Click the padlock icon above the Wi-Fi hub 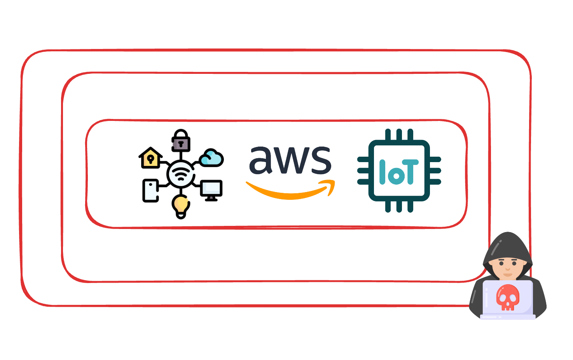181,141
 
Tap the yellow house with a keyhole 150,158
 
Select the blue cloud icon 211,158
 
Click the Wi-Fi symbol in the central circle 181,175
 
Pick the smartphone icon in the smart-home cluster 150,190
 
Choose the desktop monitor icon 211,190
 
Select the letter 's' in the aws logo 321,160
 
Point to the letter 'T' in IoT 410,171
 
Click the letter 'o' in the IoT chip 397,176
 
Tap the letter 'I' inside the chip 383,171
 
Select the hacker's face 507,267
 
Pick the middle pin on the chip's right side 435,171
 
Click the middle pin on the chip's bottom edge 399,206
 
